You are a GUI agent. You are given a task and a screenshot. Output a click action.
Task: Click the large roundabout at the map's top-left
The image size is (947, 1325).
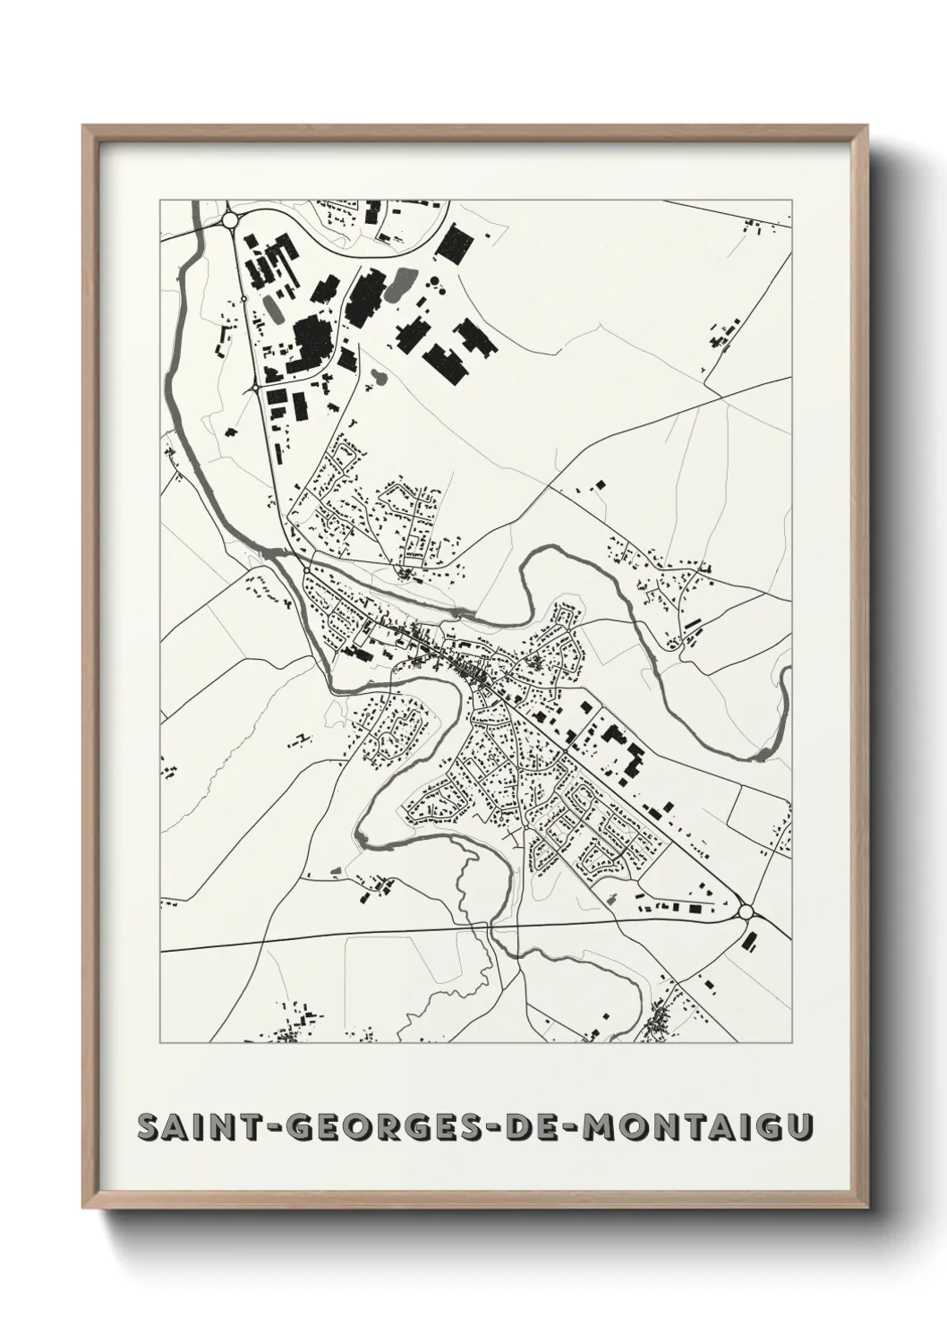(231, 218)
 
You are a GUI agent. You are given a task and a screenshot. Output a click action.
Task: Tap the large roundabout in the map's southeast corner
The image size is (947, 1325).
(747, 911)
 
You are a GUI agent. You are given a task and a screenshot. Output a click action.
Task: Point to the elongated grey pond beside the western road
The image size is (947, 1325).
(274, 309)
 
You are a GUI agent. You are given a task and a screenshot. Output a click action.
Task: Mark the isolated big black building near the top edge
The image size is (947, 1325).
(454, 244)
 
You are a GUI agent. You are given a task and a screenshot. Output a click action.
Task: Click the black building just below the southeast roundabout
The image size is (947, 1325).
(750, 941)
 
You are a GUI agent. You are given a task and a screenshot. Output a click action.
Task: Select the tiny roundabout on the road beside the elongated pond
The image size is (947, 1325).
(243, 299)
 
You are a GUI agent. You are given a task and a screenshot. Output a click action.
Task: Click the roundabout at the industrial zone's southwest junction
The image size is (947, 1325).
(257, 388)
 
